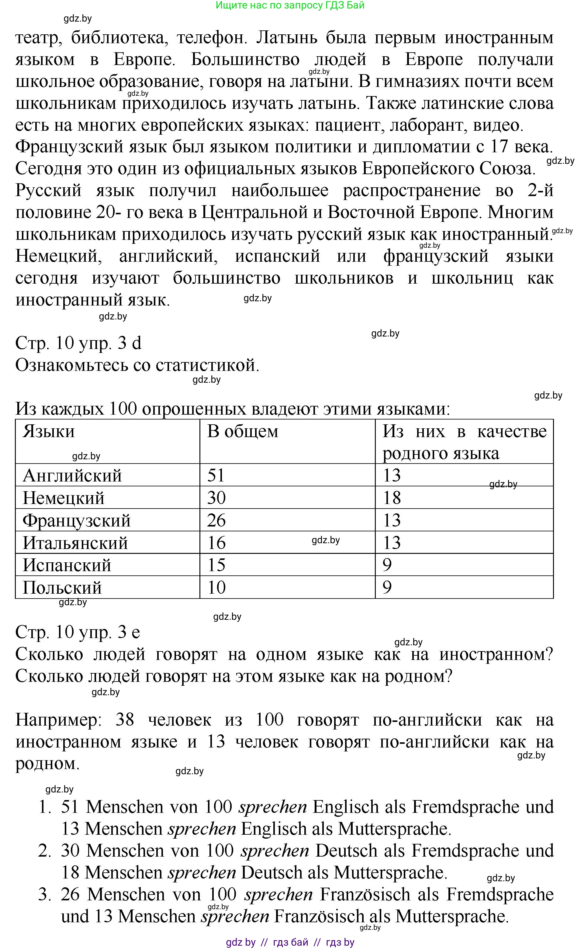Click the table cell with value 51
(216, 476)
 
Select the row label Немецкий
(64, 498)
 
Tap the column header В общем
(243, 431)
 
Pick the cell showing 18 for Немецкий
(392, 498)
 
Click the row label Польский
(62, 588)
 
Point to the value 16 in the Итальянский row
(216, 543)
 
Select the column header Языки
(49, 431)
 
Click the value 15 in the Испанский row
(216, 565)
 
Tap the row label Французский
(77, 521)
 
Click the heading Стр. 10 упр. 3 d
(78, 343)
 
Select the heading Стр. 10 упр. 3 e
(78, 632)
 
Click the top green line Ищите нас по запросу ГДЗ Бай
(290, 5)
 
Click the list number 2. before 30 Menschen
(45, 851)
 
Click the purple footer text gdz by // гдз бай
(290, 942)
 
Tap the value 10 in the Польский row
(216, 588)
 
